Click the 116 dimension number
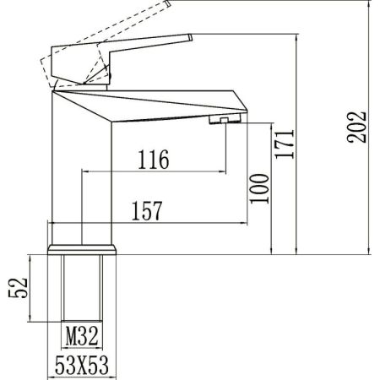(x=153, y=158)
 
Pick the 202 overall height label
(x=361, y=127)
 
